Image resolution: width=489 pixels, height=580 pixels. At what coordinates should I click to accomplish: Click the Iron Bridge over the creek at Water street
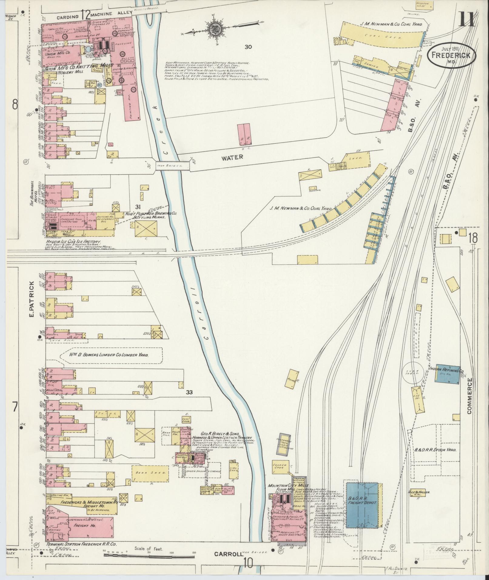[x=173, y=166]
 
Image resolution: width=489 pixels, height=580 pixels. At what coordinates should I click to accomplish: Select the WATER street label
[x=232, y=157]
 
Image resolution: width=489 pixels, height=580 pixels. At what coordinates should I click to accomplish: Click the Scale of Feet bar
[x=149, y=344]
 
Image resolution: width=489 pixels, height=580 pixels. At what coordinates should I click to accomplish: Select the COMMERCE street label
[x=470, y=396]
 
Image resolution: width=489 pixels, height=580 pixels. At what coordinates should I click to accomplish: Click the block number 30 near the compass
[x=249, y=47]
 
